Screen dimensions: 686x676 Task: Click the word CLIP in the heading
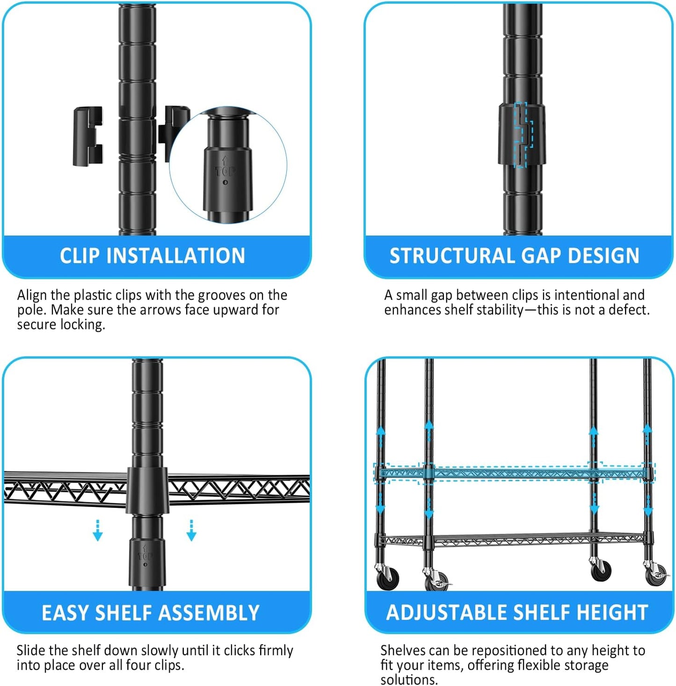click(80, 256)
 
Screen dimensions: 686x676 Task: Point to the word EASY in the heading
click(65, 613)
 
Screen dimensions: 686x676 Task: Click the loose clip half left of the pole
click(87, 136)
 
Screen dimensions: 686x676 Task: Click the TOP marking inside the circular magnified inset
click(225, 171)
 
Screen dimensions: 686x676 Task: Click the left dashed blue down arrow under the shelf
click(97, 531)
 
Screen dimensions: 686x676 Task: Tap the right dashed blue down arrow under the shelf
click(191, 531)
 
